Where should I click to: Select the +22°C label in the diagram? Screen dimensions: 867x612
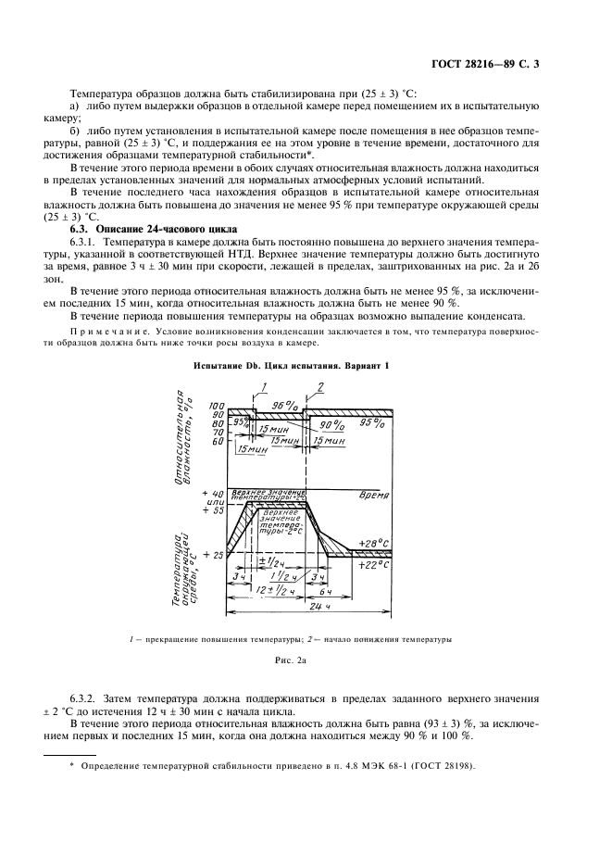coord(373,563)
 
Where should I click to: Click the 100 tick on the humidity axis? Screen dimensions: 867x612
coord(217,407)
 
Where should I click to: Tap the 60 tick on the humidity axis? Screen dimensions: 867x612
coord(218,442)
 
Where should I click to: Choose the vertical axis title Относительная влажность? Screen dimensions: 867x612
coord(185,435)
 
